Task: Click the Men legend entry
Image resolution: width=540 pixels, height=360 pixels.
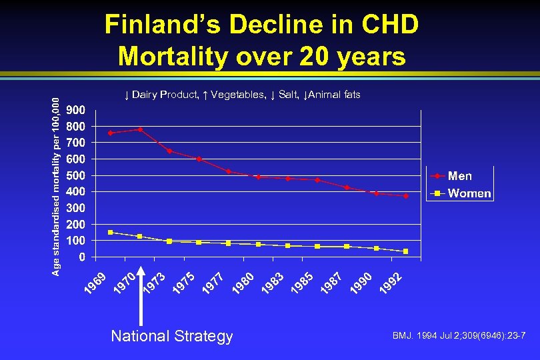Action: pos(459,176)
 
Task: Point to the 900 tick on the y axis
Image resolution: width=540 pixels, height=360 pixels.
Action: pos(75,110)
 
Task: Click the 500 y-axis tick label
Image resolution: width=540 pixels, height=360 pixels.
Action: pos(75,175)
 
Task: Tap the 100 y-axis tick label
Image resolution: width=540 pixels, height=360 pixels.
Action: pos(75,240)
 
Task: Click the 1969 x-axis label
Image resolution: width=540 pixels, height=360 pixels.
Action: pos(95,282)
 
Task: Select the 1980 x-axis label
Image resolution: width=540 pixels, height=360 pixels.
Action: pos(242,282)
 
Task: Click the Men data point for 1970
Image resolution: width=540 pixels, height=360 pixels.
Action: pos(140,129)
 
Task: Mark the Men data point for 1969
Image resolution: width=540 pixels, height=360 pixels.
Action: pos(111,133)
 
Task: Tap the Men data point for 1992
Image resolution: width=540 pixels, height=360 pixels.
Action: pos(405,196)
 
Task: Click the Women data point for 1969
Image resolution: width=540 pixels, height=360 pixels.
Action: pos(111,232)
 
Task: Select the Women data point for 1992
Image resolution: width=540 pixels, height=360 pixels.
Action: pos(405,251)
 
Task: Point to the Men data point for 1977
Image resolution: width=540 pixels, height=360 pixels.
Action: pos(228,171)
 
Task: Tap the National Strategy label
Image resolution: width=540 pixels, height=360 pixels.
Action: pos(172,336)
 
